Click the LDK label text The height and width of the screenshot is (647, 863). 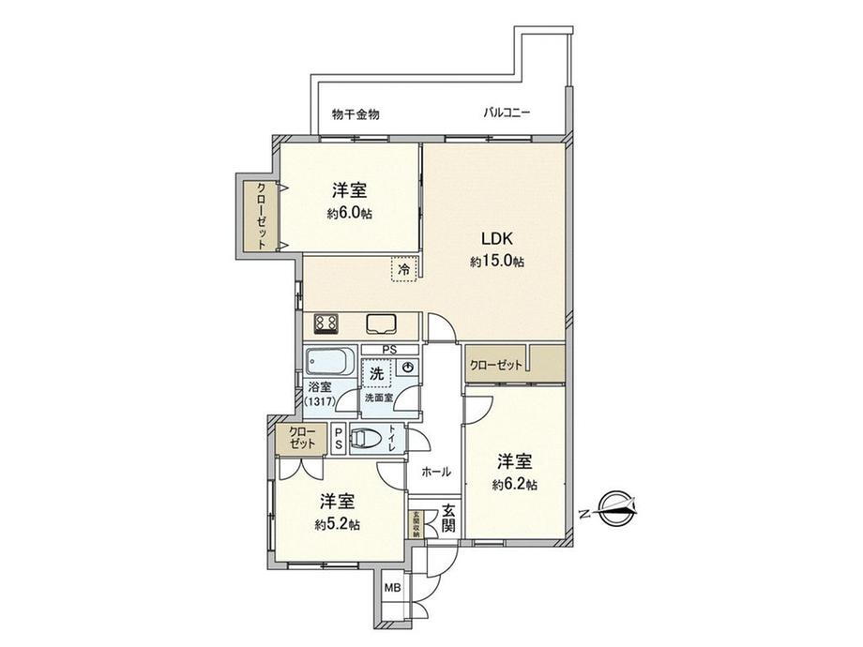tap(496, 239)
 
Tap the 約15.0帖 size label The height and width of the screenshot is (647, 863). tap(496, 263)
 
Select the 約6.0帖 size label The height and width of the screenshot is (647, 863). tap(349, 214)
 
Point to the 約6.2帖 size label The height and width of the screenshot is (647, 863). tap(515, 485)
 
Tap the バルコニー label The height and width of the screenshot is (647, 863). tap(507, 113)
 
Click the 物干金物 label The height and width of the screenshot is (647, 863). tap(356, 113)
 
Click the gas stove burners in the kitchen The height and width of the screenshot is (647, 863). tap(326, 323)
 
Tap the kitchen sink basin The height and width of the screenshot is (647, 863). tap(383, 323)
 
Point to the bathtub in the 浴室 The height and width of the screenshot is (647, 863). tap(329, 362)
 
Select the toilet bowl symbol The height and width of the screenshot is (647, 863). tap(369, 438)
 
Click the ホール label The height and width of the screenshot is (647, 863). tap(436, 472)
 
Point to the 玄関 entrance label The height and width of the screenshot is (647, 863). tap(449, 519)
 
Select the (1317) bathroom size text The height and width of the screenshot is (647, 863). tap(319, 401)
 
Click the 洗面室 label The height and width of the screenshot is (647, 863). tap(379, 398)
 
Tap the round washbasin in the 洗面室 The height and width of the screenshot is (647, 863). tap(404, 369)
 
